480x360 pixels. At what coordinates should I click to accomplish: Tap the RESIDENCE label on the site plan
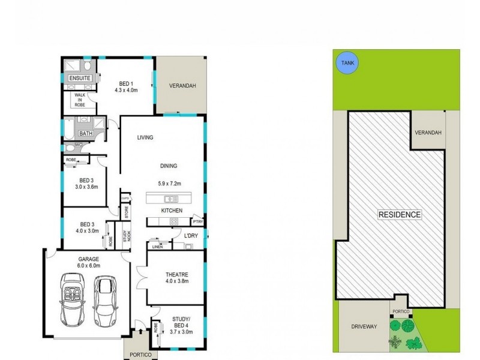tap(400, 214)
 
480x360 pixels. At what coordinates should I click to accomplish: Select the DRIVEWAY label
tap(364, 326)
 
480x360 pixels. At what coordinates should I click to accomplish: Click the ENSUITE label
tap(80, 79)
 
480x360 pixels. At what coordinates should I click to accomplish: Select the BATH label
tap(86, 133)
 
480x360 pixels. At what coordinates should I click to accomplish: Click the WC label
tap(78, 145)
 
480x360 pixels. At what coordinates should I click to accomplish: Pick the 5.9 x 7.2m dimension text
tap(169, 184)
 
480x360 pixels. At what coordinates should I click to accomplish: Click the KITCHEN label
tap(171, 211)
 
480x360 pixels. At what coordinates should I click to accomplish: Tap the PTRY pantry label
tap(198, 222)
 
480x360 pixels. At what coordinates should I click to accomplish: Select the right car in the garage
tap(106, 300)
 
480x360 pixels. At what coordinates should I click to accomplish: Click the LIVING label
tap(145, 137)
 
